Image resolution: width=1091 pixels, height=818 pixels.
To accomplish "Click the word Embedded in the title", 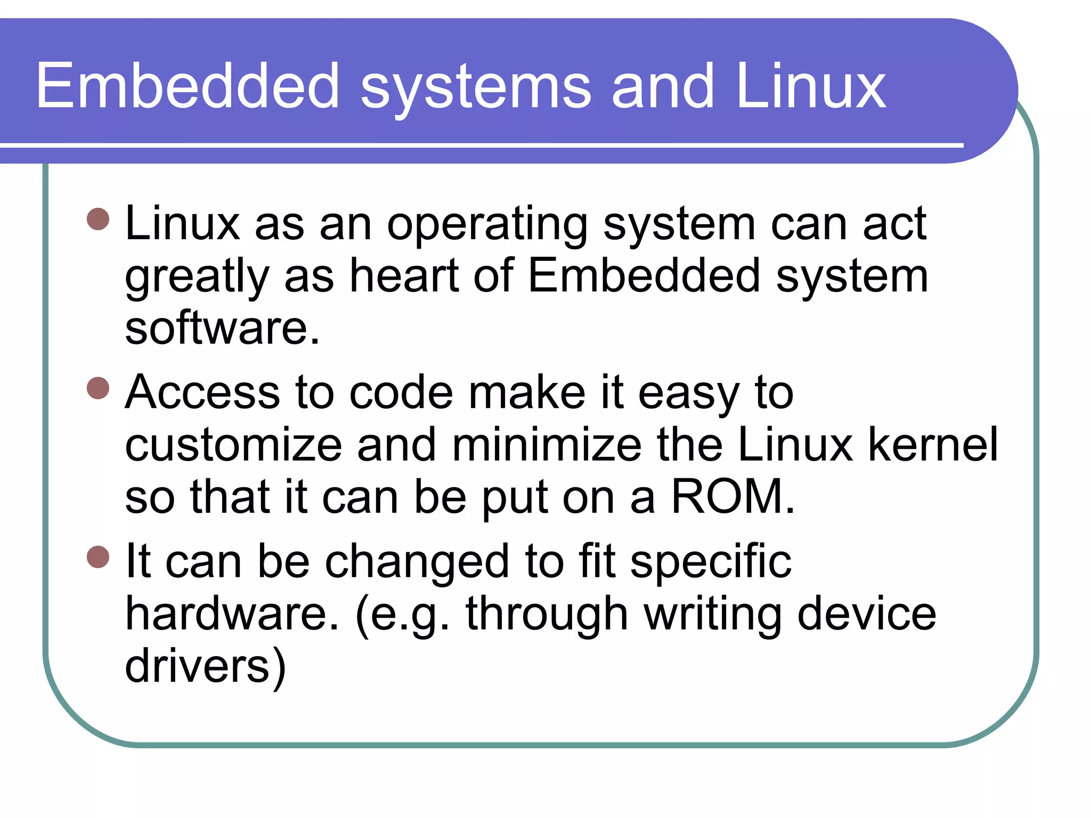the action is click(187, 86).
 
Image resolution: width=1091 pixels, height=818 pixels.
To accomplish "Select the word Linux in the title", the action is click(811, 86).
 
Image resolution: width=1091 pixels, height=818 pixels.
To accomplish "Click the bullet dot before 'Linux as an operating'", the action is click(98, 219).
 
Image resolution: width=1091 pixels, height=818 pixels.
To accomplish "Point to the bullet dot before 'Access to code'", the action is click(98, 388).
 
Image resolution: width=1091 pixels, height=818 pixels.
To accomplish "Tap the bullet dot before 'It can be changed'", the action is click(98, 557).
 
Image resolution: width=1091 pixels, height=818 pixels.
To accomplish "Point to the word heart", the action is click(403, 275).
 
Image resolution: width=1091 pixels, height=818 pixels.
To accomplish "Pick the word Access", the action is click(202, 392).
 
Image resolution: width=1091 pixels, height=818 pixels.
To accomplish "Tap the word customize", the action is click(233, 445).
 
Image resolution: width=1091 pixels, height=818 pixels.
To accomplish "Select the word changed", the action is click(417, 562).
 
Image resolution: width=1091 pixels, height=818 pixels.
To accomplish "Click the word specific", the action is click(711, 562).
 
